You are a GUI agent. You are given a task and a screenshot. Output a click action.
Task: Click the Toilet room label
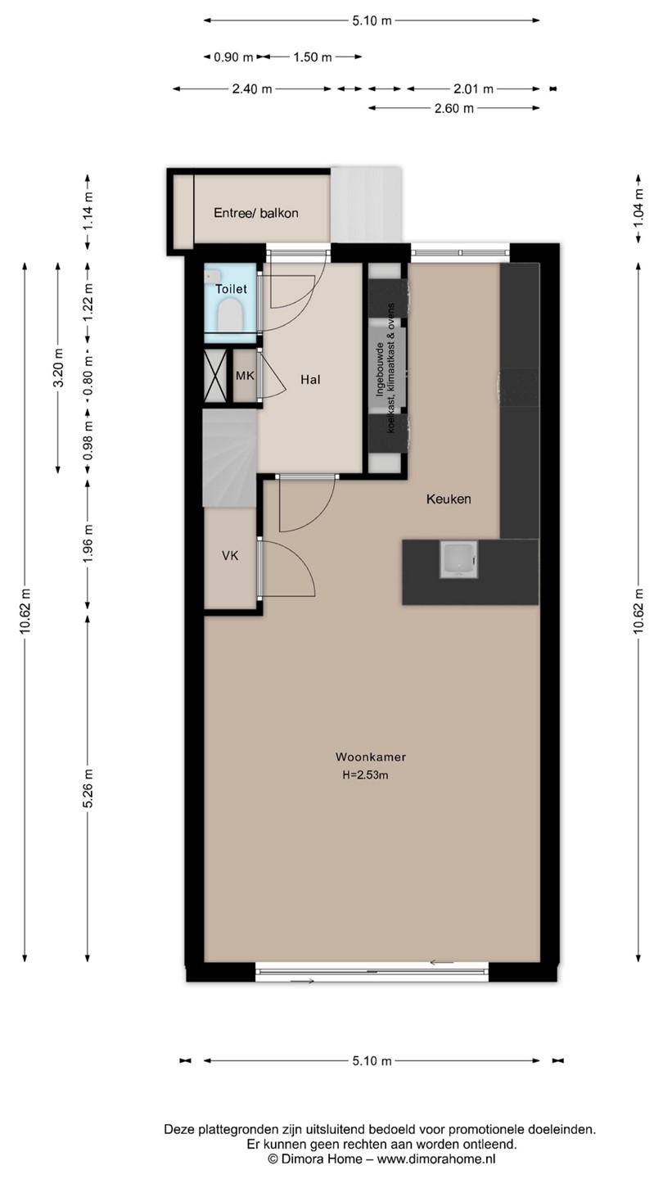pos(231,288)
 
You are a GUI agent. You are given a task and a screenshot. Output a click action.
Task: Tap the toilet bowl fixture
pos(230,314)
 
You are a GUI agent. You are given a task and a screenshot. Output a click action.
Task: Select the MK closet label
pos(245,376)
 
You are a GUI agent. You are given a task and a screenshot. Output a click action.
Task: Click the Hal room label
pos(310,380)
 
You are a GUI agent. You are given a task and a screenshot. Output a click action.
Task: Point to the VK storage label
pos(230,555)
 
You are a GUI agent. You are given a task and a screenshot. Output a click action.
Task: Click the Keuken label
pos(449,499)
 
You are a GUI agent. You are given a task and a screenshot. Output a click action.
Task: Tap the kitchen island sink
pos(459,559)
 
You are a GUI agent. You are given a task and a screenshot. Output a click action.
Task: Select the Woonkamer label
pos(371,757)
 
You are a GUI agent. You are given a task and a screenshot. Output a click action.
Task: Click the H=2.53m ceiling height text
pos(365,775)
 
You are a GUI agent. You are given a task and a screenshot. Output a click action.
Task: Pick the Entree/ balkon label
pos(256,213)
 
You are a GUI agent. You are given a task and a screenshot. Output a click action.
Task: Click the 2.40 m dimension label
pos(252,89)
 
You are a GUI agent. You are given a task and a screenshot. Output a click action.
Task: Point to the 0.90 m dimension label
pos(233,56)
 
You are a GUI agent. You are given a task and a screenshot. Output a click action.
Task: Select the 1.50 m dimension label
pos(313,56)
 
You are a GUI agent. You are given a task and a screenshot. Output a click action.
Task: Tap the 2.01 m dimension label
pos(474,89)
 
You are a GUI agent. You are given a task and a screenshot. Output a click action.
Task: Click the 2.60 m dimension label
pos(454,108)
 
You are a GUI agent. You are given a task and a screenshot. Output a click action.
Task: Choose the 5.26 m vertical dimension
pos(88,788)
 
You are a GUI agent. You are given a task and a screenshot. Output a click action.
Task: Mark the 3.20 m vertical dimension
pos(58,368)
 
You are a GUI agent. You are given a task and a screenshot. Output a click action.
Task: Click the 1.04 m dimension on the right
pos(638,208)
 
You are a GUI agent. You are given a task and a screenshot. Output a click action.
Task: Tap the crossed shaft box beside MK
pos(215,376)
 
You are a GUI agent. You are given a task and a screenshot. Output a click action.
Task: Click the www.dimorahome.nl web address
pos(437,1159)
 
